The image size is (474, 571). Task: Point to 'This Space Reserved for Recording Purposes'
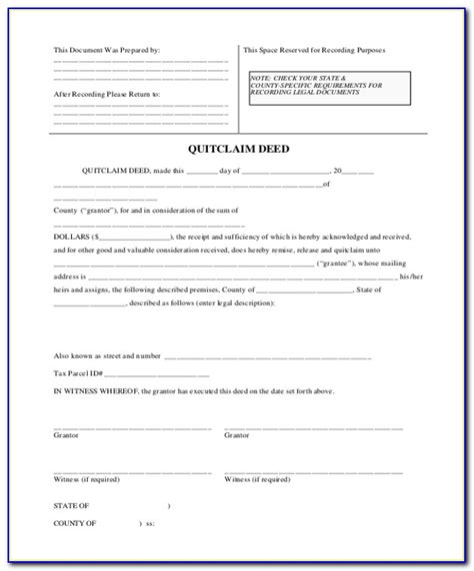click(x=314, y=49)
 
